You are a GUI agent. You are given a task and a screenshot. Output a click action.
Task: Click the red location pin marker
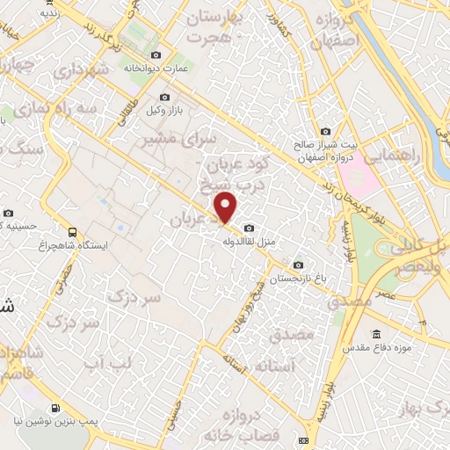click(227, 208)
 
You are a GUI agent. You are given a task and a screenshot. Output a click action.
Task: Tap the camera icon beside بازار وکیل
click(164, 97)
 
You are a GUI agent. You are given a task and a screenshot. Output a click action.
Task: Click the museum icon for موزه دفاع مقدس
click(377, 335)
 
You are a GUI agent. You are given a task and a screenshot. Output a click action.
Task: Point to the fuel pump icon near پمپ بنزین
click(56, 408)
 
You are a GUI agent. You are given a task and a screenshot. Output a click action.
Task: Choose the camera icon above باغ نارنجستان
click(298, 265)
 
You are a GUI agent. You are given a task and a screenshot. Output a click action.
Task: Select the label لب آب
click(113, 362)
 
